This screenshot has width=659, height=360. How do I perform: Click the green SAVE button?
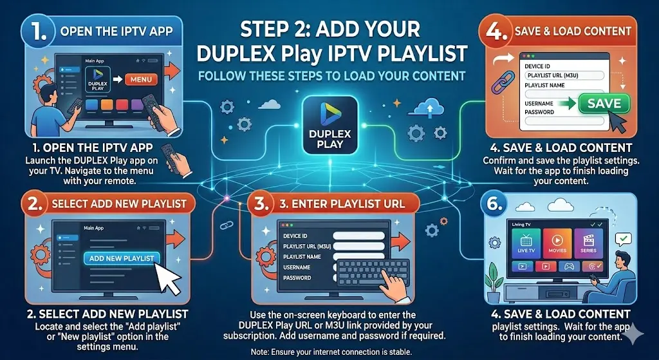point(604,103)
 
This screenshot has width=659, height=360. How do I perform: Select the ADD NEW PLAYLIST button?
point(122,258)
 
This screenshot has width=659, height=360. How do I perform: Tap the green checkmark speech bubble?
point(624,240)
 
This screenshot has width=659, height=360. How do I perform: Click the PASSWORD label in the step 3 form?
point(297,278)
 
